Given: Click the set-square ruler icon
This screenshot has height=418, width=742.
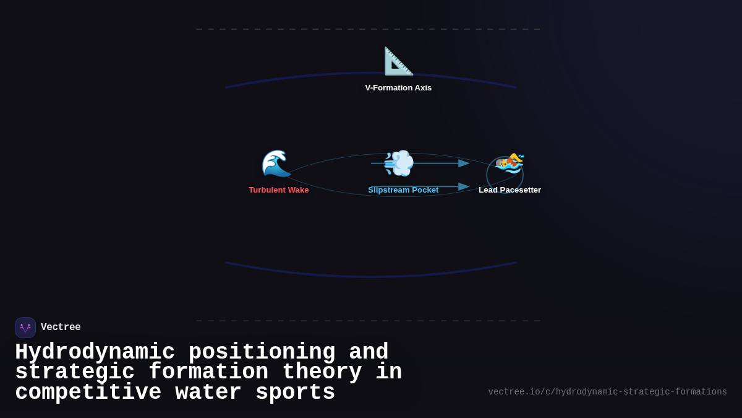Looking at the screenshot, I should click(398, 61).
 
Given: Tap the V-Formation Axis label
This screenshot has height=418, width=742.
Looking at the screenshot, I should click(398, 88).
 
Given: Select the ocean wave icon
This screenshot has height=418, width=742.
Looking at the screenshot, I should click(276, 163).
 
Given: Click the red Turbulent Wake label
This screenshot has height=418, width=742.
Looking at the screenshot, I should click(279, 190).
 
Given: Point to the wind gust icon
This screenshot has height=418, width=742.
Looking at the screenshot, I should click(398, 163).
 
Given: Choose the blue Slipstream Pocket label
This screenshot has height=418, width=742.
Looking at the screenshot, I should click(403, 190).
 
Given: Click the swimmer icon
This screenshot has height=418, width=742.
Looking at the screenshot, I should click(510, 163).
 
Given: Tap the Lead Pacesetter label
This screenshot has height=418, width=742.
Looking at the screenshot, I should click(510, 190).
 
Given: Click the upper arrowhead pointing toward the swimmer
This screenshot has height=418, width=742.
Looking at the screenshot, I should click(464, 163).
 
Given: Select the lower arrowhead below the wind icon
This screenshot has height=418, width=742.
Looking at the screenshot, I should click(464, 186).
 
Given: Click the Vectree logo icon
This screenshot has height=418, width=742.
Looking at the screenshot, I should click(25, 328).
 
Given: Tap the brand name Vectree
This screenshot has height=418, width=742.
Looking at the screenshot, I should click(61, 328).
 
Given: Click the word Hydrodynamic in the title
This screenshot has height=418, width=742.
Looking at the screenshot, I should click(95, 352).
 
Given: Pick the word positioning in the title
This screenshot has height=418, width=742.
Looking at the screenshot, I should click(262, 352).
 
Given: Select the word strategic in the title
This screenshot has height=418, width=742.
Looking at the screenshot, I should click(75, 372).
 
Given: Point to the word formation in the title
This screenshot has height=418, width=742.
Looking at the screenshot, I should click(208, 372).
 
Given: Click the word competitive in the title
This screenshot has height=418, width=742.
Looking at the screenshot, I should click(88, 393).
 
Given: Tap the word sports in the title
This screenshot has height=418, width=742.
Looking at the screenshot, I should click(296, 393).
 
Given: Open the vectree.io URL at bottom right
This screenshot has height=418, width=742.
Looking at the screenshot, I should click(607, 392).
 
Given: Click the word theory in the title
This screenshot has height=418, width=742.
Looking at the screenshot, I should click(322, 372).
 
